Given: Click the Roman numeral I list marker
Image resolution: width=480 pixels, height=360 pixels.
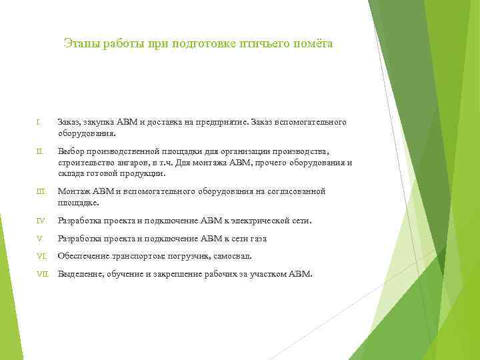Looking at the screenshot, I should pos(39,123).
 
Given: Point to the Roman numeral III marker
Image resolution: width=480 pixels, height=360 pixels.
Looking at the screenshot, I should pos(41,191).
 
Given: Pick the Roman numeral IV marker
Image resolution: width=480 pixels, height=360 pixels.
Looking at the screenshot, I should pos(41,221).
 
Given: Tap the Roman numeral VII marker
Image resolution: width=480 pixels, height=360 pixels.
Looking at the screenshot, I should pos(43,274).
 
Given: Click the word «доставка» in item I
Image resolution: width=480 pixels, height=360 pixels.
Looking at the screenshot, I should pos(172,123).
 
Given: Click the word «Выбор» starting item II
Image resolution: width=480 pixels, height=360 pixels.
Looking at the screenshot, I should pos(70,152).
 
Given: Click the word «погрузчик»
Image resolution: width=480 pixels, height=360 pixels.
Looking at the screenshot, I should pos(189,256).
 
